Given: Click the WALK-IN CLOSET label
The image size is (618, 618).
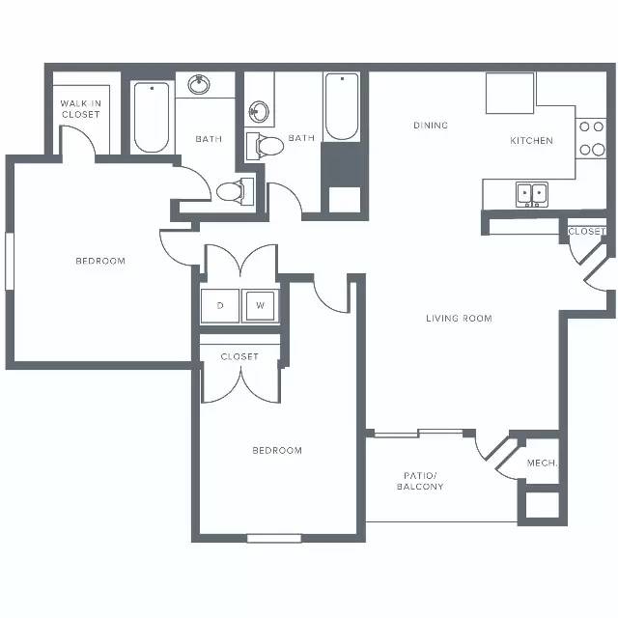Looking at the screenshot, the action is (81, 109).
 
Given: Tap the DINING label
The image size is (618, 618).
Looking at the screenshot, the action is (431, 126).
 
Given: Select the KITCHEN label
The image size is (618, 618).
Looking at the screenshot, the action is (531, 140).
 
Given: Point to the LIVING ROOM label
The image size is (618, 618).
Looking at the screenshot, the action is (460, 318).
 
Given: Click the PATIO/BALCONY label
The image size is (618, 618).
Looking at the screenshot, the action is (420, 481).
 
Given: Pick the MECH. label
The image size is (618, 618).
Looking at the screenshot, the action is (542, 463).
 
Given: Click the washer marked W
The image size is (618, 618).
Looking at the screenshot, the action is (260, 306).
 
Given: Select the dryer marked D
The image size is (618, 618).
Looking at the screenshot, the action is (220, 306).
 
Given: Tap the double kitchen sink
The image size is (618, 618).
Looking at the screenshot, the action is (532, 194).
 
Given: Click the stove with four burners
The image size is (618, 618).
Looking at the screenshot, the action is (591, 138).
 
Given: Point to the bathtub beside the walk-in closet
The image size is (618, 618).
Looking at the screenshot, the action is (152, 117).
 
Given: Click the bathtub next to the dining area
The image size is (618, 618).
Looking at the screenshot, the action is (342, 107).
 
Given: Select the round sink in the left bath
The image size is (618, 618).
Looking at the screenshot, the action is (199, 84).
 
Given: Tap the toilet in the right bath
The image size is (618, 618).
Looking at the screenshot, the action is (265, 146).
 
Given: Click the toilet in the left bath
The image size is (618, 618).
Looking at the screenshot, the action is (235, 191).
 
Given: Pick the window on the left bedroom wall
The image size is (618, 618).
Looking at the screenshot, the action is (10, 262).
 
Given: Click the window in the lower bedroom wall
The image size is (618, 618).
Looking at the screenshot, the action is (274, 538).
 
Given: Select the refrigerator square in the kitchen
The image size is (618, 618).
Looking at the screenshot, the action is (510, 93).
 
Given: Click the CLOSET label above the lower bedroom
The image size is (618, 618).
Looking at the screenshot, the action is (239, 356).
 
